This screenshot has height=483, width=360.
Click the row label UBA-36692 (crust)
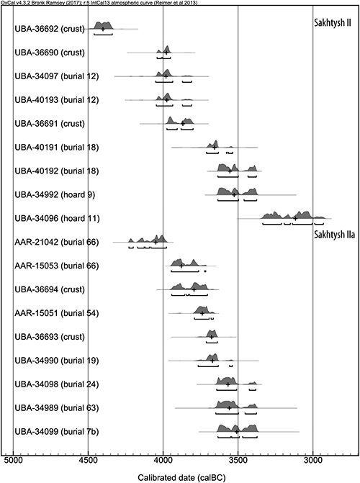50,29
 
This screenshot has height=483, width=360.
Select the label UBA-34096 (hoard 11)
57,218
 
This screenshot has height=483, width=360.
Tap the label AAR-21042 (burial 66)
57,242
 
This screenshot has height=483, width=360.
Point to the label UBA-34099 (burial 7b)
57,432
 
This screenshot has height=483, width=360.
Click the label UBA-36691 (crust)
50,124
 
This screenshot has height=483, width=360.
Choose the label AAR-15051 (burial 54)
57,313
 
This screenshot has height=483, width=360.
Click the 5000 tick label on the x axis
13,461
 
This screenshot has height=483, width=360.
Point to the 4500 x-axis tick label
88,461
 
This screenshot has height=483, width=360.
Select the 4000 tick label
163,461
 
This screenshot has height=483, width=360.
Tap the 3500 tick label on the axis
238,461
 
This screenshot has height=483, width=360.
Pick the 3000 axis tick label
313,461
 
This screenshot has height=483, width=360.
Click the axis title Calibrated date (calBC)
181,478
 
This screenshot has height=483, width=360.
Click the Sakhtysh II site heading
332,23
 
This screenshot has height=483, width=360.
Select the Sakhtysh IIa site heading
334,235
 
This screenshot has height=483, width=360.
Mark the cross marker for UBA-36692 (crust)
103,29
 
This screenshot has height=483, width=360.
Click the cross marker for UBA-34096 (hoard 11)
295,218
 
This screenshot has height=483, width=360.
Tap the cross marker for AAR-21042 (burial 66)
156,242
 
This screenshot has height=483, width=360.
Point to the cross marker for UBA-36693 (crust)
212,337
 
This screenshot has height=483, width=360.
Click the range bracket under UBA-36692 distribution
103,35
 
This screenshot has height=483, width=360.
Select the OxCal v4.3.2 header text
99,2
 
